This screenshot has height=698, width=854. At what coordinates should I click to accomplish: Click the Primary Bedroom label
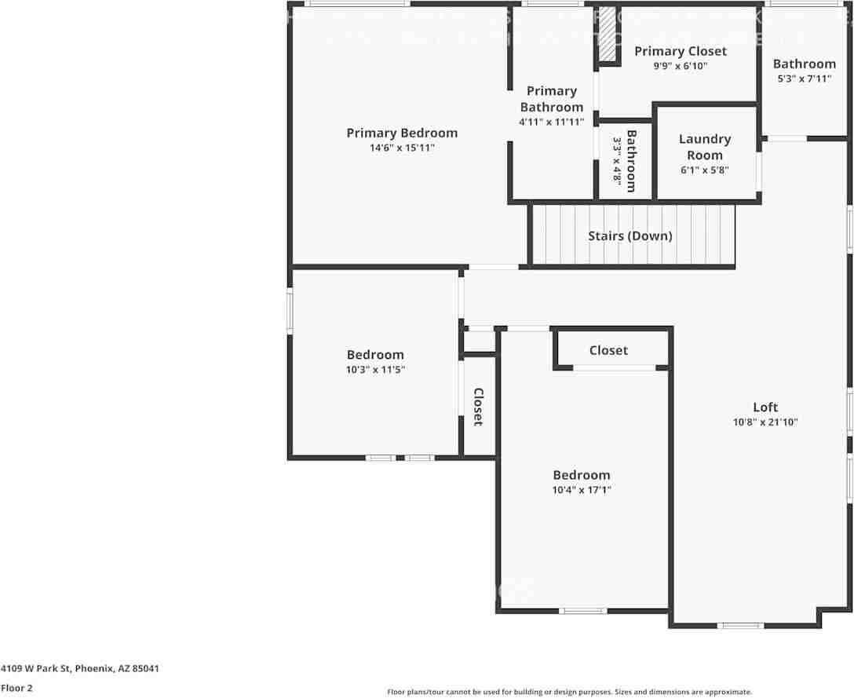pyautogui.click(x=402, y=133)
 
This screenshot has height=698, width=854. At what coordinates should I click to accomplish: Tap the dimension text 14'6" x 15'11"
pyautogui.click(x=402, y=148)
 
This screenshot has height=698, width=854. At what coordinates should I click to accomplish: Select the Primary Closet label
pyautogui.click(x=681, y=51)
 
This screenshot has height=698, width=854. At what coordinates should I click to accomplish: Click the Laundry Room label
pyautogui.click(x=705, y=147)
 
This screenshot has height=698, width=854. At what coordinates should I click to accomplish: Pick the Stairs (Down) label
pyautogui.click(x=630, y=236)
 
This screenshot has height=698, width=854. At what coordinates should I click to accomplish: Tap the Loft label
pyautogui.click(x=765, y=407)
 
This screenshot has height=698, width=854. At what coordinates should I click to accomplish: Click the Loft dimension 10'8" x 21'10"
pyautogui.click(x=765, y=422)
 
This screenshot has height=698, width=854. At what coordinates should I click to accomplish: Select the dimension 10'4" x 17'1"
pyautogui.click(x=582, y=490)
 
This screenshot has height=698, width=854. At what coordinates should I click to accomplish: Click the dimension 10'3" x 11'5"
pyautogui.click(x=375, y=369)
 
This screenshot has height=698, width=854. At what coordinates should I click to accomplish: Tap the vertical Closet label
pyautogui.click(x=478, y=407)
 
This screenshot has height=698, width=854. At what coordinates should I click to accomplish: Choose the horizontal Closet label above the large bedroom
pyautogui.click(x=608, y=350)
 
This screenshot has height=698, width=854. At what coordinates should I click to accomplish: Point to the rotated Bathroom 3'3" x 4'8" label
pyautogui.click(x=625, y=160)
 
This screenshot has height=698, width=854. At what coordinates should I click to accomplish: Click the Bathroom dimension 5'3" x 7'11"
pyautogui.click(x=805, y=79)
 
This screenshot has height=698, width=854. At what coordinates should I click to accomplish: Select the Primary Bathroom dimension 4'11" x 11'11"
pyautogui.click(x=552, y=122)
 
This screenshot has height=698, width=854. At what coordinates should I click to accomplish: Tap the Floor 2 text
pyautogui.click(x=16, y=688)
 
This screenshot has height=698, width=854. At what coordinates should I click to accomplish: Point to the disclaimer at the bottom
pyautogui.click(x=569, y=692)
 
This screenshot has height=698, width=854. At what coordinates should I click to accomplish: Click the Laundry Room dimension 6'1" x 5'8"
pyautogui.click(x=705, y=170)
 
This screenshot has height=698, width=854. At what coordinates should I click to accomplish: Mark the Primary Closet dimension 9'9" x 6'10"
pyautogui.click(x=681, y=66)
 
